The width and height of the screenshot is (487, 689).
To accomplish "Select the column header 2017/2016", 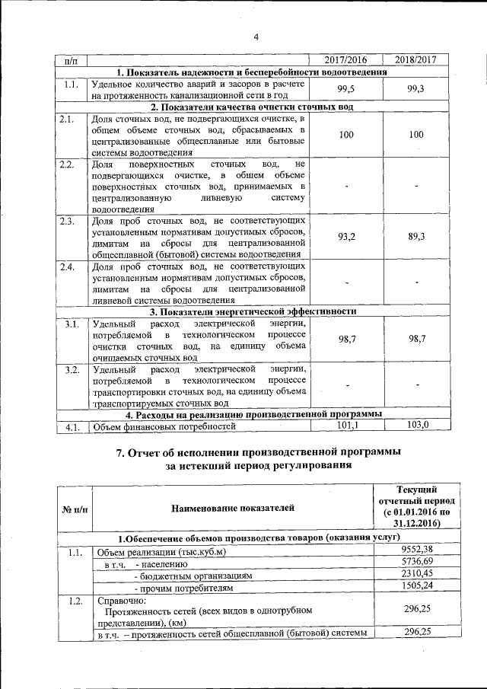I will click(x=346, y=59).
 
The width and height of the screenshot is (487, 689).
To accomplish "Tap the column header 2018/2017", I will click(x=415, y=59).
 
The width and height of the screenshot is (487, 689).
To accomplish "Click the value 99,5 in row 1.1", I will click(x=346, y=89).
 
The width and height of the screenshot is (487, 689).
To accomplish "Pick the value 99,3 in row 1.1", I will click(x=415, y=89).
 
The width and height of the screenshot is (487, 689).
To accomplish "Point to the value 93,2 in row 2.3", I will click(x=346, y=237).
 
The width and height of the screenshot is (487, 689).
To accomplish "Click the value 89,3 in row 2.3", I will click(x=415, y=237).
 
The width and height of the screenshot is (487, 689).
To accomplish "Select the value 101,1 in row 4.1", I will click(x=346, y=425).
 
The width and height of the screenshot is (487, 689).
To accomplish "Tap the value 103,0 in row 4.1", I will click(x=415, y=425).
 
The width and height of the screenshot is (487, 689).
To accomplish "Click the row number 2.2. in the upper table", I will click(x=67, y=164).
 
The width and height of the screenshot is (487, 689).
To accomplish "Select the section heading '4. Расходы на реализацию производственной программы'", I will click(x=253, y=414).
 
